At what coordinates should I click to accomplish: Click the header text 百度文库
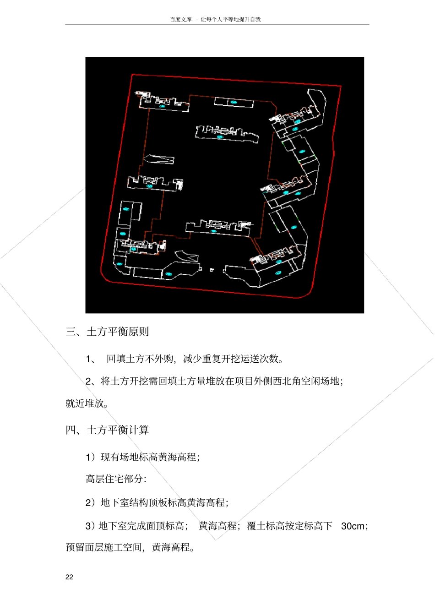(x=181, y=19)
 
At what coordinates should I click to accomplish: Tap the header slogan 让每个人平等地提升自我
(x=231, y=19)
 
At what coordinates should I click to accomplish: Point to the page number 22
(x=69, y=577)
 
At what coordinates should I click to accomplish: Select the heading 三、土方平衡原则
(x=107, y=332)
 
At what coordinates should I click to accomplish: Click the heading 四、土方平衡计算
(x=107, y=430)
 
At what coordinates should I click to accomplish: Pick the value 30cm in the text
(x=353, y=526)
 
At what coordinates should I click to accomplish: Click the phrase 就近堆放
(x=85, y=403)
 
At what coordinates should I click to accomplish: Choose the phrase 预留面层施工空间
(x=103, y=547)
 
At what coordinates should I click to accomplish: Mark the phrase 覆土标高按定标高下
(x=289, y=526)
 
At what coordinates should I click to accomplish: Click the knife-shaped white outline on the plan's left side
(x=159, y=159)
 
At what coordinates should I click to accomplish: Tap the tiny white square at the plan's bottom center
(x=212, y=270)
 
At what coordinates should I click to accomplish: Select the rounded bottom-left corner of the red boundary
(x=104, y=278)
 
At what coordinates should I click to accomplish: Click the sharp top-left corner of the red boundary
(x=132, y=74)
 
